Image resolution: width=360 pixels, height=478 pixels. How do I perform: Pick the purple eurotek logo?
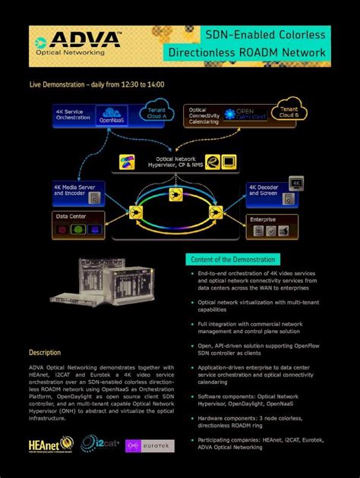(x=149, y=445)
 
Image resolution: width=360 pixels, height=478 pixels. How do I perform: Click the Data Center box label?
(x=71, y=216)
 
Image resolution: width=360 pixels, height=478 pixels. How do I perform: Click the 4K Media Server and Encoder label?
(x=69, y=190)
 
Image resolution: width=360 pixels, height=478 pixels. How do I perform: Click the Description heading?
(x=45, y=353)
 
